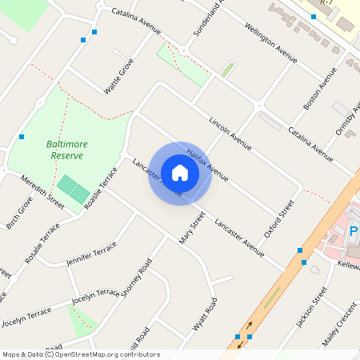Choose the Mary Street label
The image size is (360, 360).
click(192, 227)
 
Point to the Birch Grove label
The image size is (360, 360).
click(19, 214)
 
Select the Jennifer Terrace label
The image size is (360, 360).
click(91, 256)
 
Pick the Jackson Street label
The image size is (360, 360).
click(312, 308)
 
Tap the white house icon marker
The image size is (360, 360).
click(180, 172)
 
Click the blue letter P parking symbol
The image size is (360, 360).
click(354, 232)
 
